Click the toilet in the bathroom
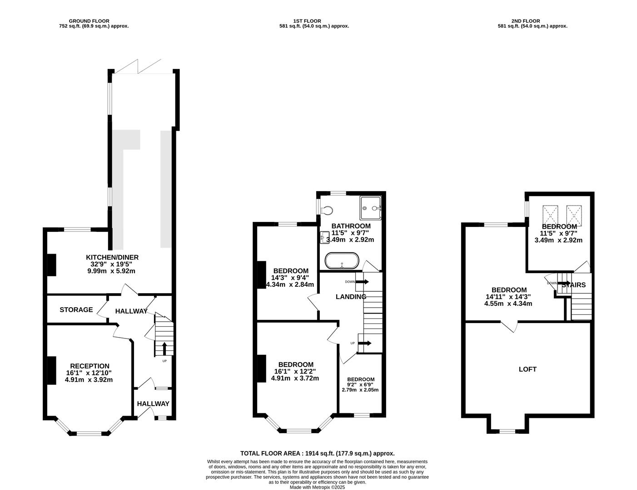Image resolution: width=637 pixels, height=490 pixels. pyautogui.click(x=327, y=210)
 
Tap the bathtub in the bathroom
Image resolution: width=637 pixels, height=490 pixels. pyautogui.click(x=342, y=260)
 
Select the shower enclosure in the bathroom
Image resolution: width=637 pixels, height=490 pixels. pyautogui.click(x=371, y=208)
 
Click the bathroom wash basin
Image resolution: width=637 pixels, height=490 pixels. pyautogui.click(x=324, y=237)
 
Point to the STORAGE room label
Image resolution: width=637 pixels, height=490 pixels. pyautogui.click(x=76, y=310)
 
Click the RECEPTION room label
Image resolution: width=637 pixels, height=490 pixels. pyautogui.click(x=90, y=366)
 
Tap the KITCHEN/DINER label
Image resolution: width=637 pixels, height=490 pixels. pyautogui.click(x=112, y=257)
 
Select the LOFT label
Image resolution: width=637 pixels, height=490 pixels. pyautogui.click(x=528, y=369)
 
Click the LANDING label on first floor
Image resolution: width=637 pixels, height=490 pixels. pyautogui.click(x=351, y=297)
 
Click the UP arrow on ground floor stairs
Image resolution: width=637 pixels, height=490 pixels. pyautogui.click(x=164, y=348)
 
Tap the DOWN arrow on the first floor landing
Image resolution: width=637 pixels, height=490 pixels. pyautogui.click(x=362, y=282)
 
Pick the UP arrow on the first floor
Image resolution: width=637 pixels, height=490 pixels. pyautogui.click(x=365, y=343)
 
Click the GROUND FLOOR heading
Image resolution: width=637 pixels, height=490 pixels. pyautogui.click(x=89, y=21)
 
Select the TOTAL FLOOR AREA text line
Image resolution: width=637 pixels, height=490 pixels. pyautogui.click(x=318, y=453)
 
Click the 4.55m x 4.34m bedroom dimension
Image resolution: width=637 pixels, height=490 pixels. pyautogui.click(x=508, y=304)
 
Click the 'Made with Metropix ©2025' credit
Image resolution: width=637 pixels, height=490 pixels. pyautogui.click(x=317, y=487)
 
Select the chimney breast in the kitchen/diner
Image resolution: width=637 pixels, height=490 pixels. pyautogui.click(x=52, y=265)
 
